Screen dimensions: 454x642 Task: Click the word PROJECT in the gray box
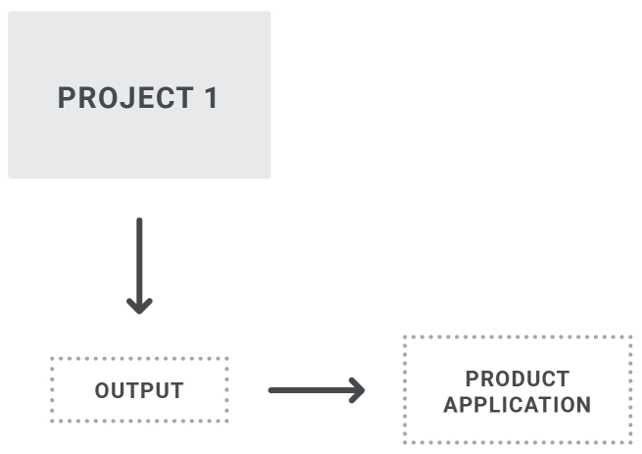(x=125, y=98)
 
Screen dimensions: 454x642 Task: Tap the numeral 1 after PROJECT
(x=210, y=98)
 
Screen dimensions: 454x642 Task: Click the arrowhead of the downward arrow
(x=139, y=305)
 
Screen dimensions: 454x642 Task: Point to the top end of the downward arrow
(x=139, y=221)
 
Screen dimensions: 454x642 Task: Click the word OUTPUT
(x=139, y=390)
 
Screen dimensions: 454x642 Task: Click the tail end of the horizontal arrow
(x=272, y=390)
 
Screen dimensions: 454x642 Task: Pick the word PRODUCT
(x=518, y=378)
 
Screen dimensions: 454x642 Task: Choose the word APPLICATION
(x=518, y=404)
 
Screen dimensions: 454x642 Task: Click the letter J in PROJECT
(x=127, y=98)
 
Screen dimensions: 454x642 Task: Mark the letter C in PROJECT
(x=165, y=98)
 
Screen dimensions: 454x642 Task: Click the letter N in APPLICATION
(x=583, y=404)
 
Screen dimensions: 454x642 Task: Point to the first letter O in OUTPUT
(x=102, y=390)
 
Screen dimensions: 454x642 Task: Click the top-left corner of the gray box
(x=10, y=13)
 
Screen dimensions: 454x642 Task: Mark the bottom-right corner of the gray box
(x=269, y=177)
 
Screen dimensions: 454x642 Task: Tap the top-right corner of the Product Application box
(x=631, y=337)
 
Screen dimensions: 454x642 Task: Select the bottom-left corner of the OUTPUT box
(x=51, y=422)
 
